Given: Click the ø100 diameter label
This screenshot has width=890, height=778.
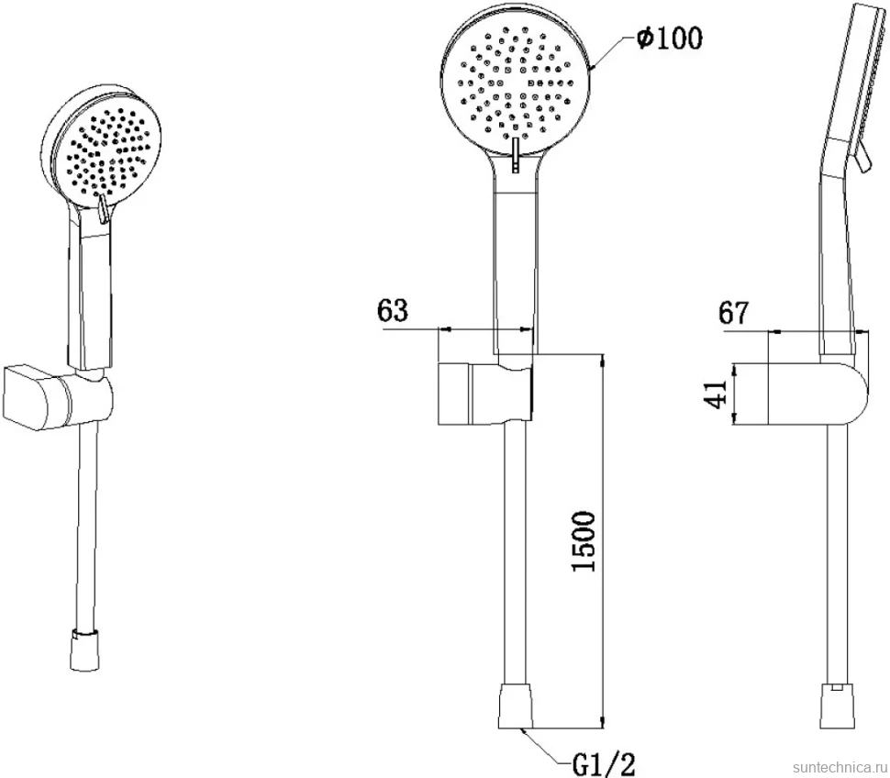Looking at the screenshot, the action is click(x=669, y=38).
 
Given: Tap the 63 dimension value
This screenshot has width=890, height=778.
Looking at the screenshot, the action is click(x=392, y=310).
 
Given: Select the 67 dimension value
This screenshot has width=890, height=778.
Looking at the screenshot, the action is click(x=734, y=312).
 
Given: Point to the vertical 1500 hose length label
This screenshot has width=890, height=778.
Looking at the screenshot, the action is click(x=584, y=541).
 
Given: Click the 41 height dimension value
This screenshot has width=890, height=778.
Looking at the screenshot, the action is click(x=716, y=394).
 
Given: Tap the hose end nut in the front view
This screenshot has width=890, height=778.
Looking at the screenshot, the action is click(x=516, y=706).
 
